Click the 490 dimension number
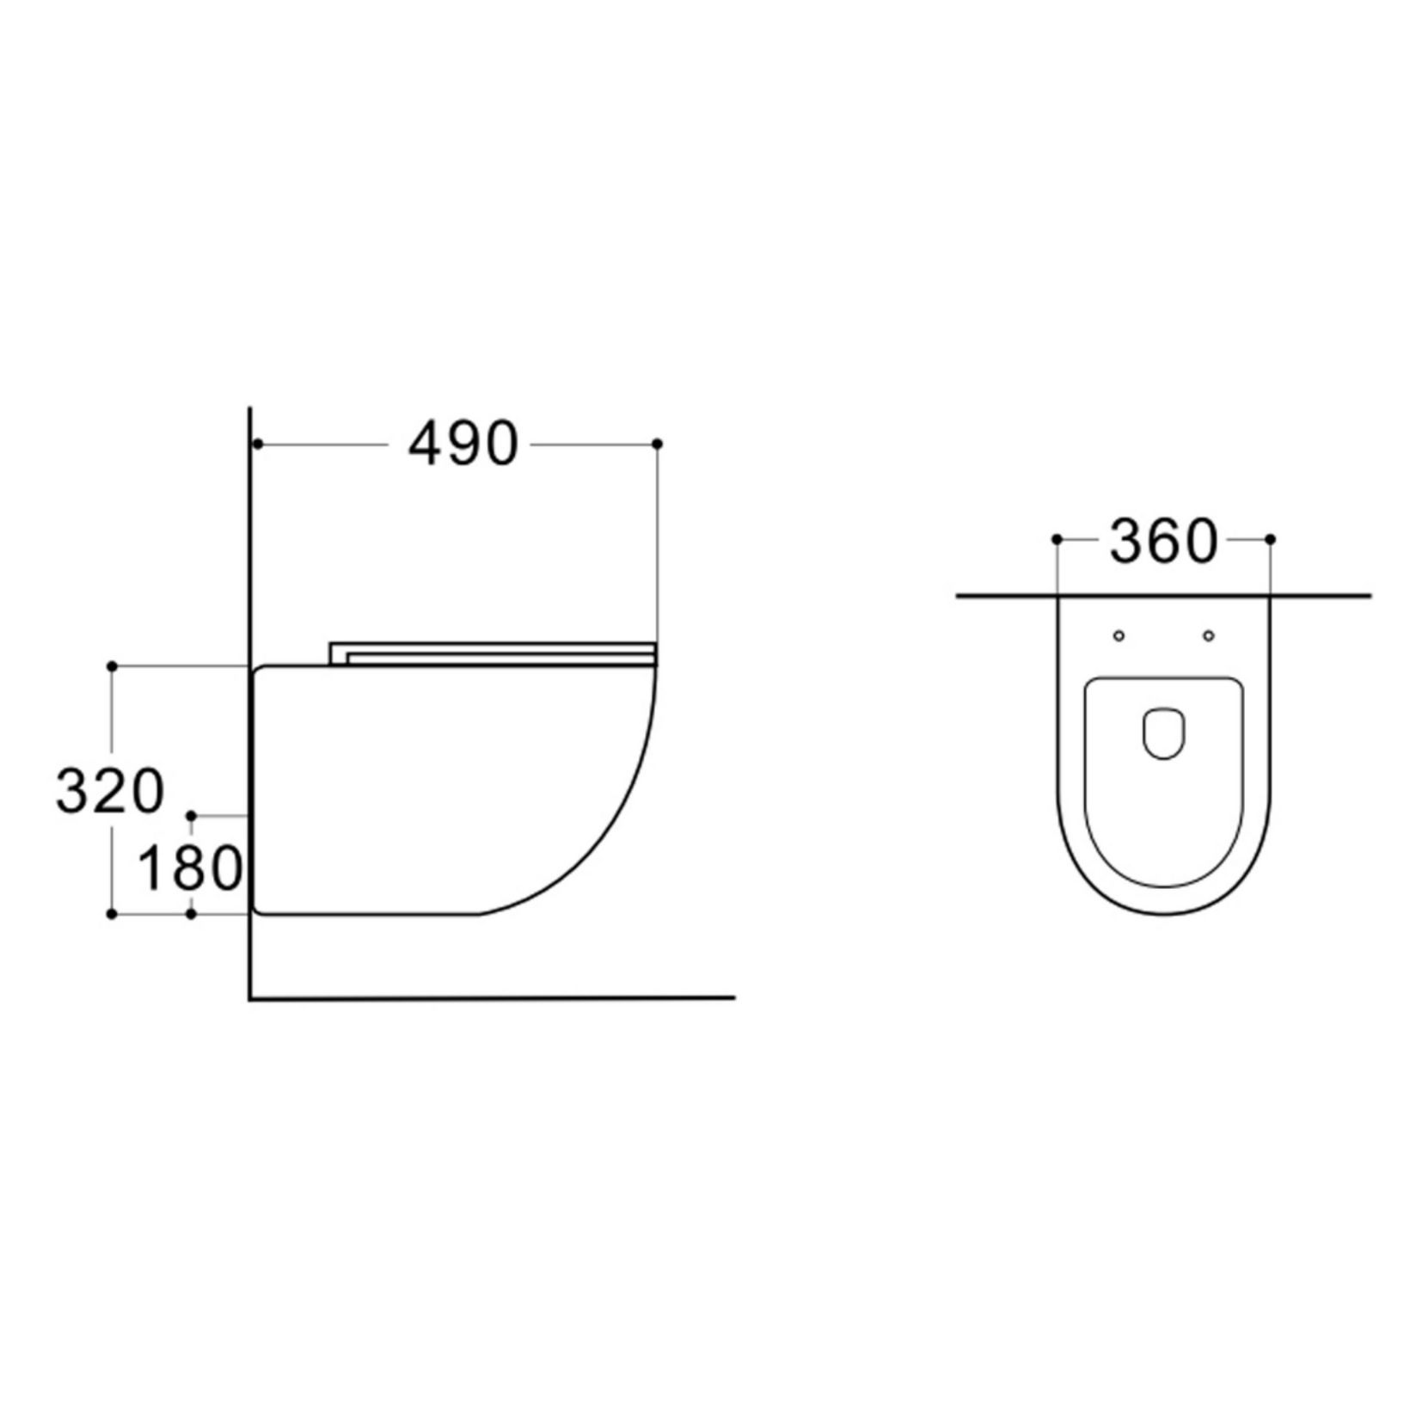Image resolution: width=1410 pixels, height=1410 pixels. pos(463,444)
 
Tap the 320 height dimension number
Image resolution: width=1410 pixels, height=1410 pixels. pos(109,792)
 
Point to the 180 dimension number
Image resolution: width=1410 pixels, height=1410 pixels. pos(190,868)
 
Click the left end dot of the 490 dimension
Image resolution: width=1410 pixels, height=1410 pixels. pos(257,444)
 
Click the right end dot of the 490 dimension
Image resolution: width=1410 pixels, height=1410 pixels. pos(658,444)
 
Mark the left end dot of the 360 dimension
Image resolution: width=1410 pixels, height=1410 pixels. pos(1057,539)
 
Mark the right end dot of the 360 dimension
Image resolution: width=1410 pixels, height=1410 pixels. pos(1271,539)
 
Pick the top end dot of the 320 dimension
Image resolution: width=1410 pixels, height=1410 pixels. pos(112,666)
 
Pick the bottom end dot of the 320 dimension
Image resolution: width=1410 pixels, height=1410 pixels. pos(112,914)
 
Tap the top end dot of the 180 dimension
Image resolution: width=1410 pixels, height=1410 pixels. pos(192,814)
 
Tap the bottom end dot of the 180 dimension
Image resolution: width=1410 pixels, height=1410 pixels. pos(192,914)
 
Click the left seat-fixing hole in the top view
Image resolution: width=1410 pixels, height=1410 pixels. pos(1119,635)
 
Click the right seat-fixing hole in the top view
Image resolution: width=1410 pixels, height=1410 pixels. pos(1209,635)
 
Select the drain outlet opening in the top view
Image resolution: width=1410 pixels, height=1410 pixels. pos(1164,733)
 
